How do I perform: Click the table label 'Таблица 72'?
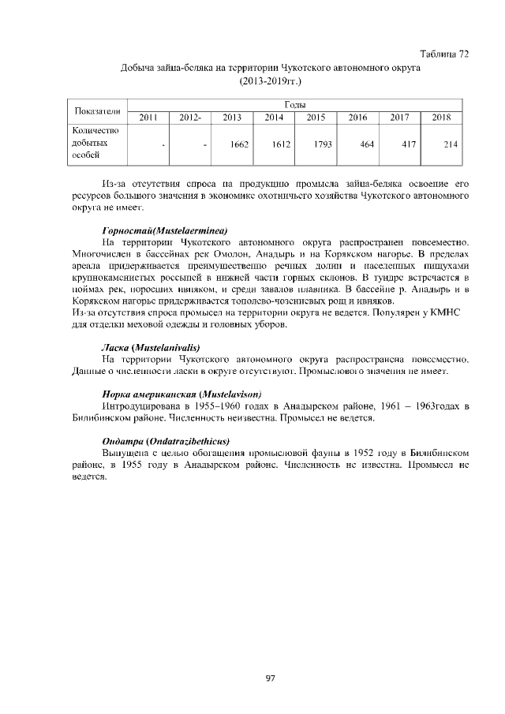pyautogui.click(x=445, y=54)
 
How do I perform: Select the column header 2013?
pyautogui.click(x=232, y=118)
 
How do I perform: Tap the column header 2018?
pyautogui.click(x=441, y=118)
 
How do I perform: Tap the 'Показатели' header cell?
pyautogui.click(x=96, y=110)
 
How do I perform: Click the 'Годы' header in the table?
pyautogui.click(x=294, y=104)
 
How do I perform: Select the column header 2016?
pyautogui.click(x=357, y=118)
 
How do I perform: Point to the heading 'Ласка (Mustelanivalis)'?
pyautogui.click(x=150, y=347)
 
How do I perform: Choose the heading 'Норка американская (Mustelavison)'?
pyautogui.click(x=181, y=393)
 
